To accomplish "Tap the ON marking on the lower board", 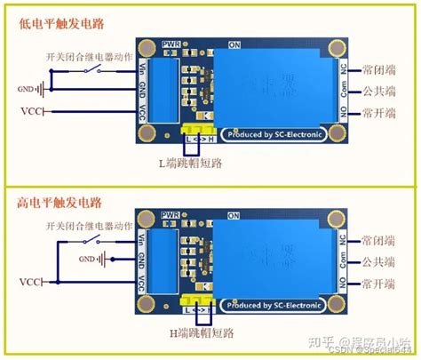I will click(234, 215).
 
